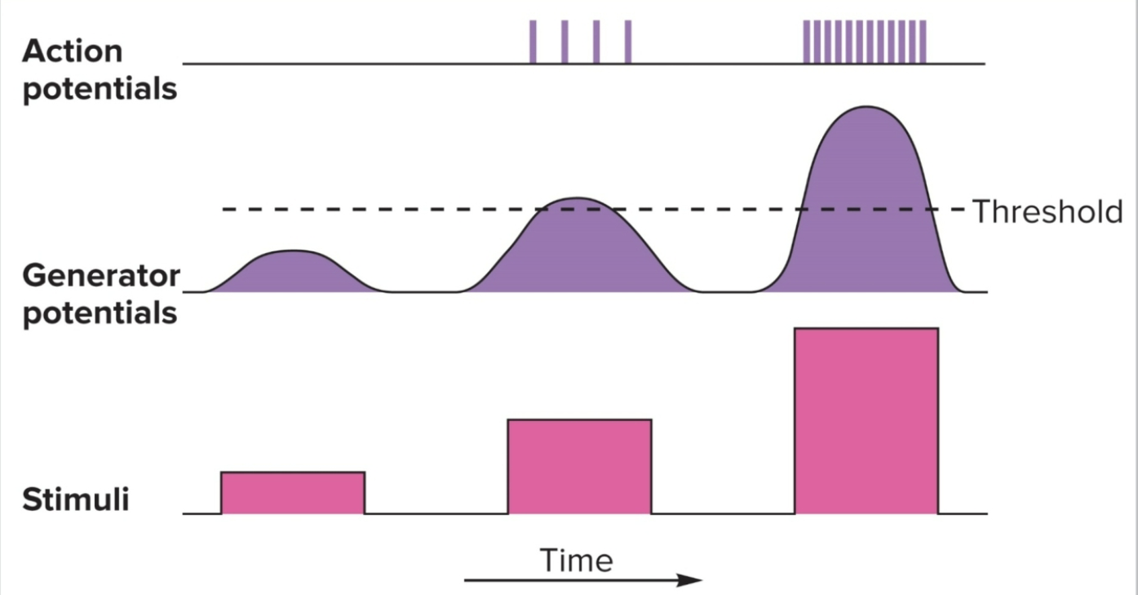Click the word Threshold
point(1047,211)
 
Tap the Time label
point(576,561)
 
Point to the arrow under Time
point(582,580)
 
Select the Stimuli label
point(76,499)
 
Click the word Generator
point(100,276)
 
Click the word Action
point(72,51)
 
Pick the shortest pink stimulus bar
point(292,493)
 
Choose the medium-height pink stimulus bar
point(579,466)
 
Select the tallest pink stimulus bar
point(866,420)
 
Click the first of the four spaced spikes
point(533,42)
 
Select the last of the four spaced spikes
point(627,42)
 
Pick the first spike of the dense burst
point(806,42)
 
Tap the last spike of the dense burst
point(923,42)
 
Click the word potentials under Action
point(100,89)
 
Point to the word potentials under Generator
point(100,313)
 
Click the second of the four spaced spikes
point(565,42)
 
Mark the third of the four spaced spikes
point(596,42)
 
